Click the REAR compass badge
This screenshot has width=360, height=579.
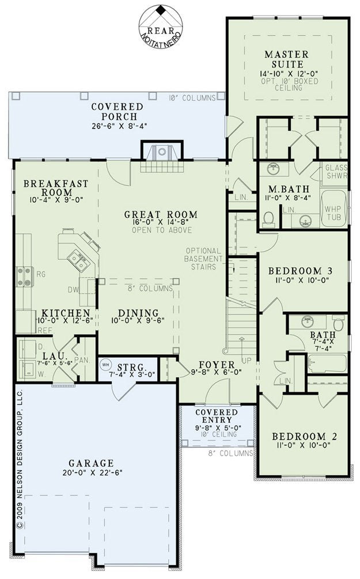tap(161, 26)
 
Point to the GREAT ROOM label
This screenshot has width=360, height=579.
tap(161, 214)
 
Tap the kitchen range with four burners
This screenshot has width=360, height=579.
tap(25, 277)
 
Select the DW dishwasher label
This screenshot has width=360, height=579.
tap(73, 290)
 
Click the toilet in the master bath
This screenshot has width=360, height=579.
tap(268, 219)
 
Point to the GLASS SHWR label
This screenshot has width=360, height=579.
tap(336, 172)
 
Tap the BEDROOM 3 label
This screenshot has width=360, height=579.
tap(300, 271)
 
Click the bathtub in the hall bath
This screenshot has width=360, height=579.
tap(327, 364)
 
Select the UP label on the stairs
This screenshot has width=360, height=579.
tap(247, 359)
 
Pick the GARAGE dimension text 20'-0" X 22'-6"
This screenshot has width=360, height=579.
tap(92, 472)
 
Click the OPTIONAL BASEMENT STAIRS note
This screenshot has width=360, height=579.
tap(203, 259)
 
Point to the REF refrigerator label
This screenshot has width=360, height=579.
tap(45, 331)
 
